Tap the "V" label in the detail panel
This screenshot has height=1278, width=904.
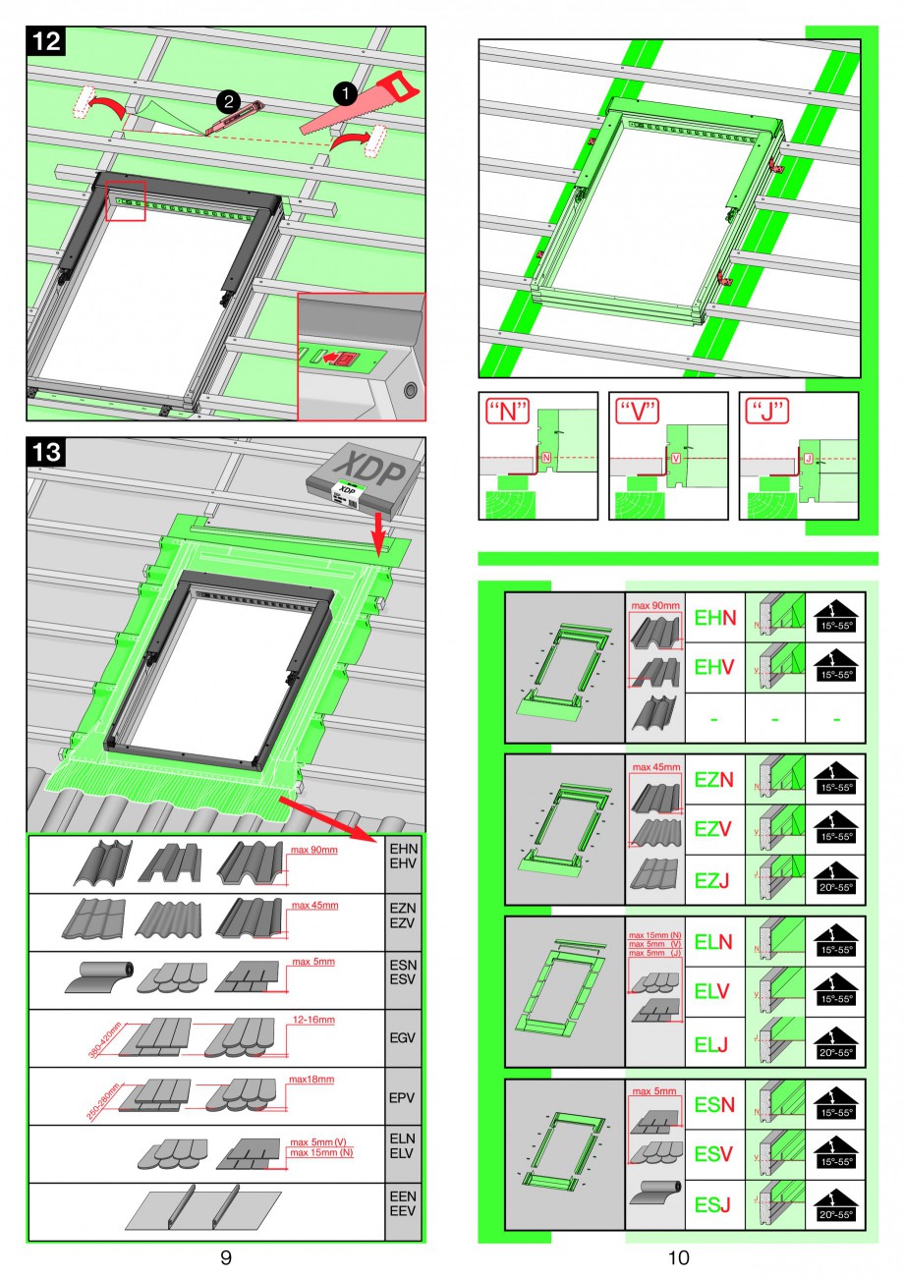pos(644,411)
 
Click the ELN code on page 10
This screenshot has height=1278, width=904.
pos(713,942)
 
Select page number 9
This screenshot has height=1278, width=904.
pos(226,1258)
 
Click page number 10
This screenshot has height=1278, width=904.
pos(678,1258)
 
